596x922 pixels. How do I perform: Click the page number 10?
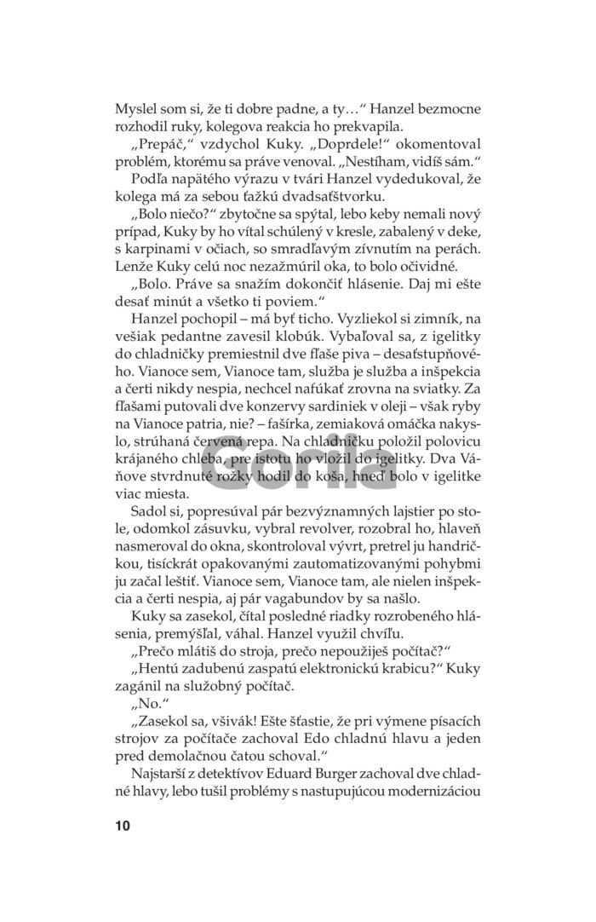[122, 826]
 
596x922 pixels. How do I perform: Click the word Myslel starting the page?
[137, 110]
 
